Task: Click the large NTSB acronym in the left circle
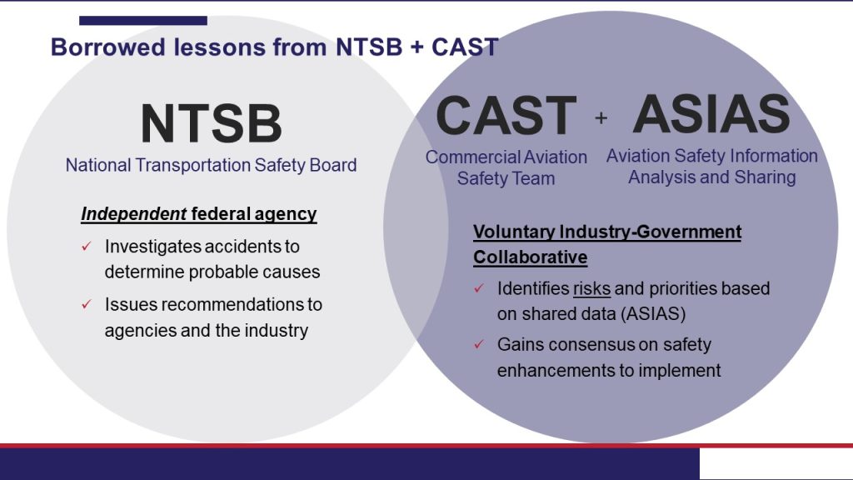point(211,123)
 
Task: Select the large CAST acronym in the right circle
point(506,115)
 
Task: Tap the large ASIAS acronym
point(711,114)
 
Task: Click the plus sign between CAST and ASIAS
point(601,117)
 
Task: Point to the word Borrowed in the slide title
point(107,47)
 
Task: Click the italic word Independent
point(134,214)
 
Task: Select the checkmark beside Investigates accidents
point(86,247)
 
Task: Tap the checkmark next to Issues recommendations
point(86,304)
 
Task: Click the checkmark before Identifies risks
point(479,287)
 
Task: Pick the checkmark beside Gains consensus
point(479,344)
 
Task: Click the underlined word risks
point(592,288)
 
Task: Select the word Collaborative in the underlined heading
point(531,257)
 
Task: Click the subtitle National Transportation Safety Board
point(211,165)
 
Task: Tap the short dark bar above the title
point(143,21)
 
